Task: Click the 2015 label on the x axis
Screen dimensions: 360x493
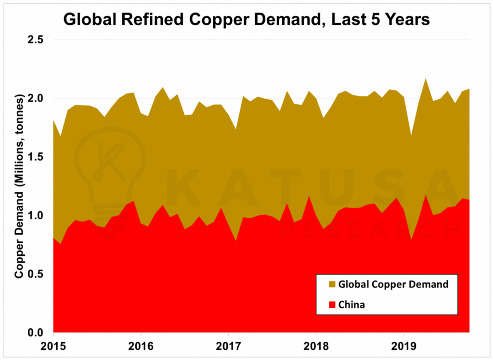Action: click(x=53, y=346)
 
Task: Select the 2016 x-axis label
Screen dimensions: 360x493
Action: click(x=141, y=346)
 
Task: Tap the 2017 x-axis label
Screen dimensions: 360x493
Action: click(x=229, y=346)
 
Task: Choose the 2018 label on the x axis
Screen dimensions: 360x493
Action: click(x=316, y=346)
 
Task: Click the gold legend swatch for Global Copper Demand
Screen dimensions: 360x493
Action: click(x=331, y=284)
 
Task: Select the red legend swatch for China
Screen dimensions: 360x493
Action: click(x=331, y=305)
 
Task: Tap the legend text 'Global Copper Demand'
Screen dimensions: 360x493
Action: click(x=393, y=284)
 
